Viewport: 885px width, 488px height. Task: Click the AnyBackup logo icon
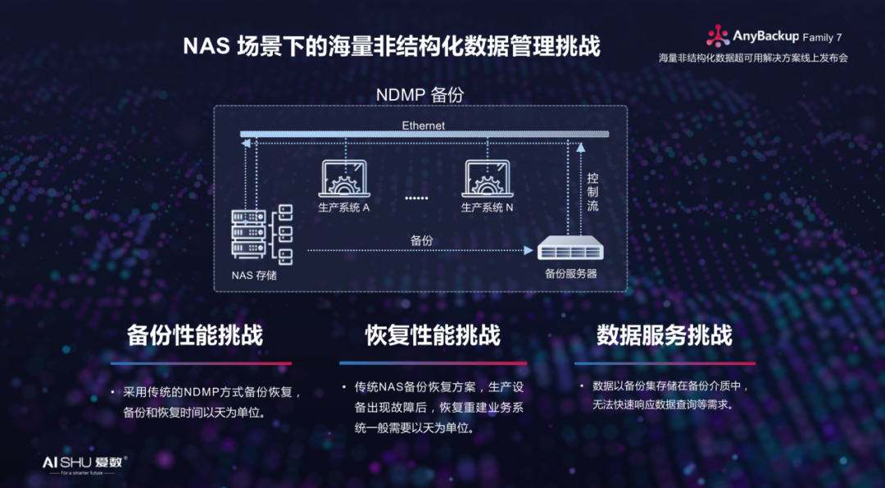point(718,35)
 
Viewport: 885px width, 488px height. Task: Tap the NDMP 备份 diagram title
point(420,94)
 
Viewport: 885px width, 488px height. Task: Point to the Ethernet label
point(424,125)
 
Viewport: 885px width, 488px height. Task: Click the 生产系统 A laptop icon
point(346,180)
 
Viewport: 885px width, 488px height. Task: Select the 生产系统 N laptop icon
point(488,180)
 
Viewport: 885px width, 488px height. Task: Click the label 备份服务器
point(571,273)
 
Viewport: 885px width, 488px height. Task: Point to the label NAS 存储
point(254,275)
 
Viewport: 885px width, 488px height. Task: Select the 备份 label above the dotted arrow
point(421,239)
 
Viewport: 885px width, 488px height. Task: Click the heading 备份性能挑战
point(195,335)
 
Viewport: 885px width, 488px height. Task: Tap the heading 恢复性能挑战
point(433,335)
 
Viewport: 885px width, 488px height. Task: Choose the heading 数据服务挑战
point(665,335)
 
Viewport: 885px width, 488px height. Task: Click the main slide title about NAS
point(392,46)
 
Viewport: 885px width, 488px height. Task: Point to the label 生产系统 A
point(344,208)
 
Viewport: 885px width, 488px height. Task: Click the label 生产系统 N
point(488,208)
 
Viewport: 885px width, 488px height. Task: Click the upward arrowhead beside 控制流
point(580,148)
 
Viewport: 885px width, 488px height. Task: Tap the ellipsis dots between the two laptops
point(416,198)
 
